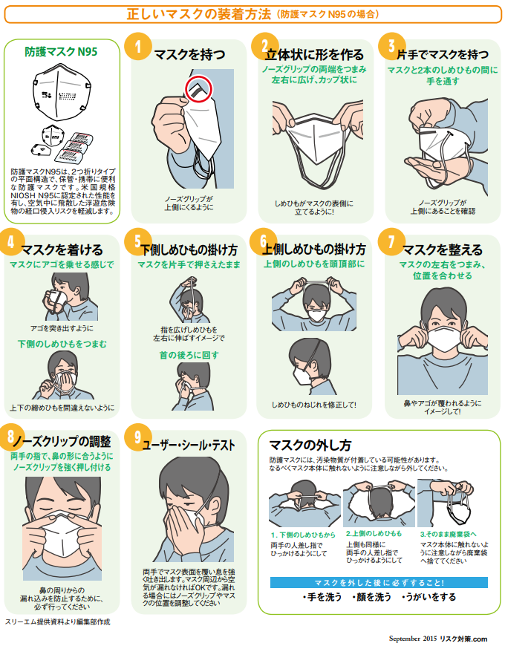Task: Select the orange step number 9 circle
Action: click(137, 437)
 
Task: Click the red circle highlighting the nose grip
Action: click(198, 88)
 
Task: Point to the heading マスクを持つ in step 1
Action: click(190, 54)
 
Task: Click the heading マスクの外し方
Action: click(310, 445)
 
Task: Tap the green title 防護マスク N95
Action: click(61, 51)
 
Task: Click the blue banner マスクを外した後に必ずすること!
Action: click(379, 583)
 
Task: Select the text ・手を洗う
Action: click(322, 597)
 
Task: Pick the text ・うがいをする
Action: click(429, 597)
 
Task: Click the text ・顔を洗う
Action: click(371, 597)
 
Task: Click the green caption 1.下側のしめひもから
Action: click(303, 535)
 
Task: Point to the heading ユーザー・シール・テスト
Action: click(189, 446)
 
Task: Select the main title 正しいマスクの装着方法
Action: click(198, 14)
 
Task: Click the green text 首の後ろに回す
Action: click(189, 355)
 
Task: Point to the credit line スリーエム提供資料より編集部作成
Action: click(58, 621)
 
